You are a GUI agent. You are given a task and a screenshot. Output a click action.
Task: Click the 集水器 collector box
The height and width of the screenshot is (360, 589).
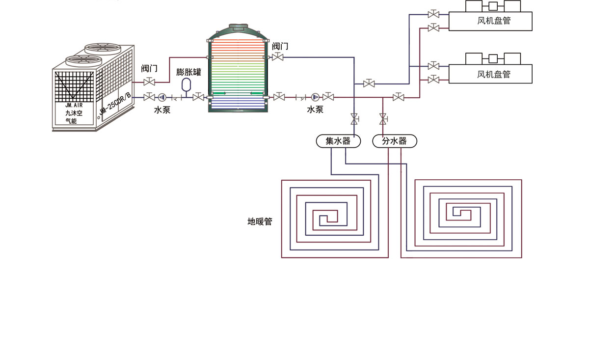(338, 141)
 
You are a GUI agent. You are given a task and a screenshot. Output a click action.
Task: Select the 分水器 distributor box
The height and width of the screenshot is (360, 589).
(395, 141)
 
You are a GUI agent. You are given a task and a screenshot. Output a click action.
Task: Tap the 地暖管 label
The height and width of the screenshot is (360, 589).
(260, 222)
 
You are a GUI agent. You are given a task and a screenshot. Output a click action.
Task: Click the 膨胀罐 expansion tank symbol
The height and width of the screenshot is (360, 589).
(186, 84)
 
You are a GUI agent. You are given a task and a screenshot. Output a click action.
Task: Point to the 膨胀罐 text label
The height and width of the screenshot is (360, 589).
(189, 72)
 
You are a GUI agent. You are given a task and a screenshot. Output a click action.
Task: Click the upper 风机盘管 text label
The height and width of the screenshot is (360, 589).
(494, 22)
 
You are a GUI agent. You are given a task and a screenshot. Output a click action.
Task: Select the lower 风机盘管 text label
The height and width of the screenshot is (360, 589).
(494, 74)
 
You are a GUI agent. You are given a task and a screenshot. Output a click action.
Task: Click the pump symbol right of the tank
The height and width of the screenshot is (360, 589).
(315, 97)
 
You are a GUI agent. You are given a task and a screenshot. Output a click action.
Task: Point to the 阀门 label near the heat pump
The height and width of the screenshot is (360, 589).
(149, 68)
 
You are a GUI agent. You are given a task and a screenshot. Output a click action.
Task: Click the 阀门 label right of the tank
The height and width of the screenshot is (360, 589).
(280, 47)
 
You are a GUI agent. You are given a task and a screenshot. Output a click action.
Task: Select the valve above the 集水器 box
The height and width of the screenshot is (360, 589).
(354, 118)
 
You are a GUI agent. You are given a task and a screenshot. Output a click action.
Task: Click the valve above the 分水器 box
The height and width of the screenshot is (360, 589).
(383, 118)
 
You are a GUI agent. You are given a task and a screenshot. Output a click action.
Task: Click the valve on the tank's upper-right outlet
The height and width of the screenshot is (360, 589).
(278, 57)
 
